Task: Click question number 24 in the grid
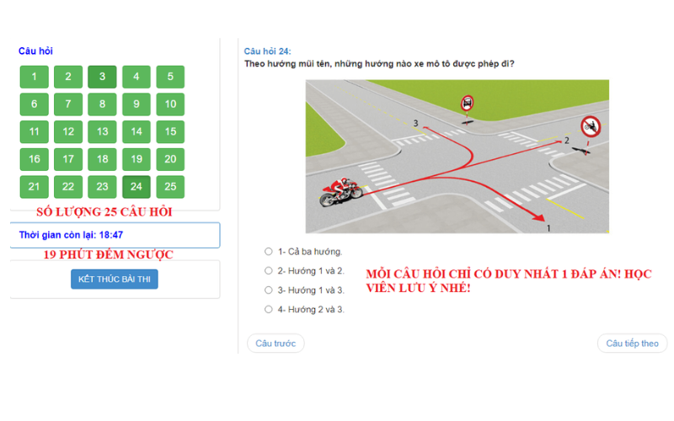point(136,186)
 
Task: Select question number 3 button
point(102,77)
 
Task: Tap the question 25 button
point(170,186)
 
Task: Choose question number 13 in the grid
point(102,131)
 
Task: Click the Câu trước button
point(275,344)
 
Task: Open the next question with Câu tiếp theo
point(633,344)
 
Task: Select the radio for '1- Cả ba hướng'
point(269,251)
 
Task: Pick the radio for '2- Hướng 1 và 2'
point(269,270)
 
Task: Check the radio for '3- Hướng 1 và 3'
point(269,290)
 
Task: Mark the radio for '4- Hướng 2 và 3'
point(269,309)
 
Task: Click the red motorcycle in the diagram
point(341,192)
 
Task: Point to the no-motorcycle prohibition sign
point(591,127)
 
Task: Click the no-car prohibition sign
point(468,103)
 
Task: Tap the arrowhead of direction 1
point(538,217)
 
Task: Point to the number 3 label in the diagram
point(415,123)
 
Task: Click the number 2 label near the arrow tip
point(566,141)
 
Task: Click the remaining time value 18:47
point(111,235)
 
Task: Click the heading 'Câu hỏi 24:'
point(267,51)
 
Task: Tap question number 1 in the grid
point(34,77)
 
